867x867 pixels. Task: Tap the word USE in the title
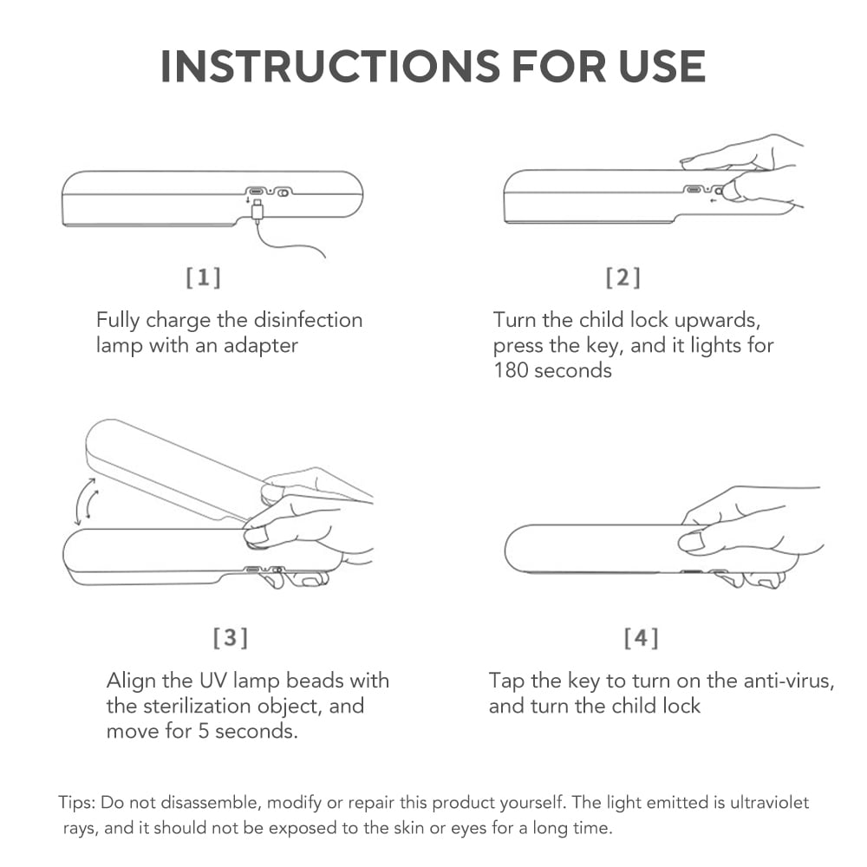click(662, 67)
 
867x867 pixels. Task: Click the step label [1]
click(204, 277)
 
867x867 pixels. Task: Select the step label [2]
click(623, 277)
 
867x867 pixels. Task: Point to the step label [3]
click(231, 637)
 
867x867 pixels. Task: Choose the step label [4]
click(642, 637)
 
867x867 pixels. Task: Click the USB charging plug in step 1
click(257, 212)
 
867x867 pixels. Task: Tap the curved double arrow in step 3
click(86, 501)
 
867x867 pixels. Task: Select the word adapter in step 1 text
click(260, 346)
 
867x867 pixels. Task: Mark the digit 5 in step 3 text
click(204, 732)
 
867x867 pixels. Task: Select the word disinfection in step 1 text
click(308, 320)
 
